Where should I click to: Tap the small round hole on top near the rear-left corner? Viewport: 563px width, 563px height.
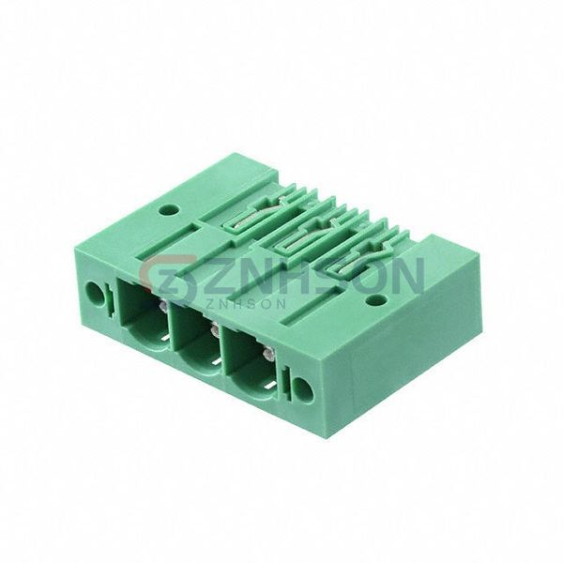coord(169,209)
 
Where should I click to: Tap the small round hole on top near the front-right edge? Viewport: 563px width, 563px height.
coord(374,299)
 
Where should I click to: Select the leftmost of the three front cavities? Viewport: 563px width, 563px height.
coord(144,314)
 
